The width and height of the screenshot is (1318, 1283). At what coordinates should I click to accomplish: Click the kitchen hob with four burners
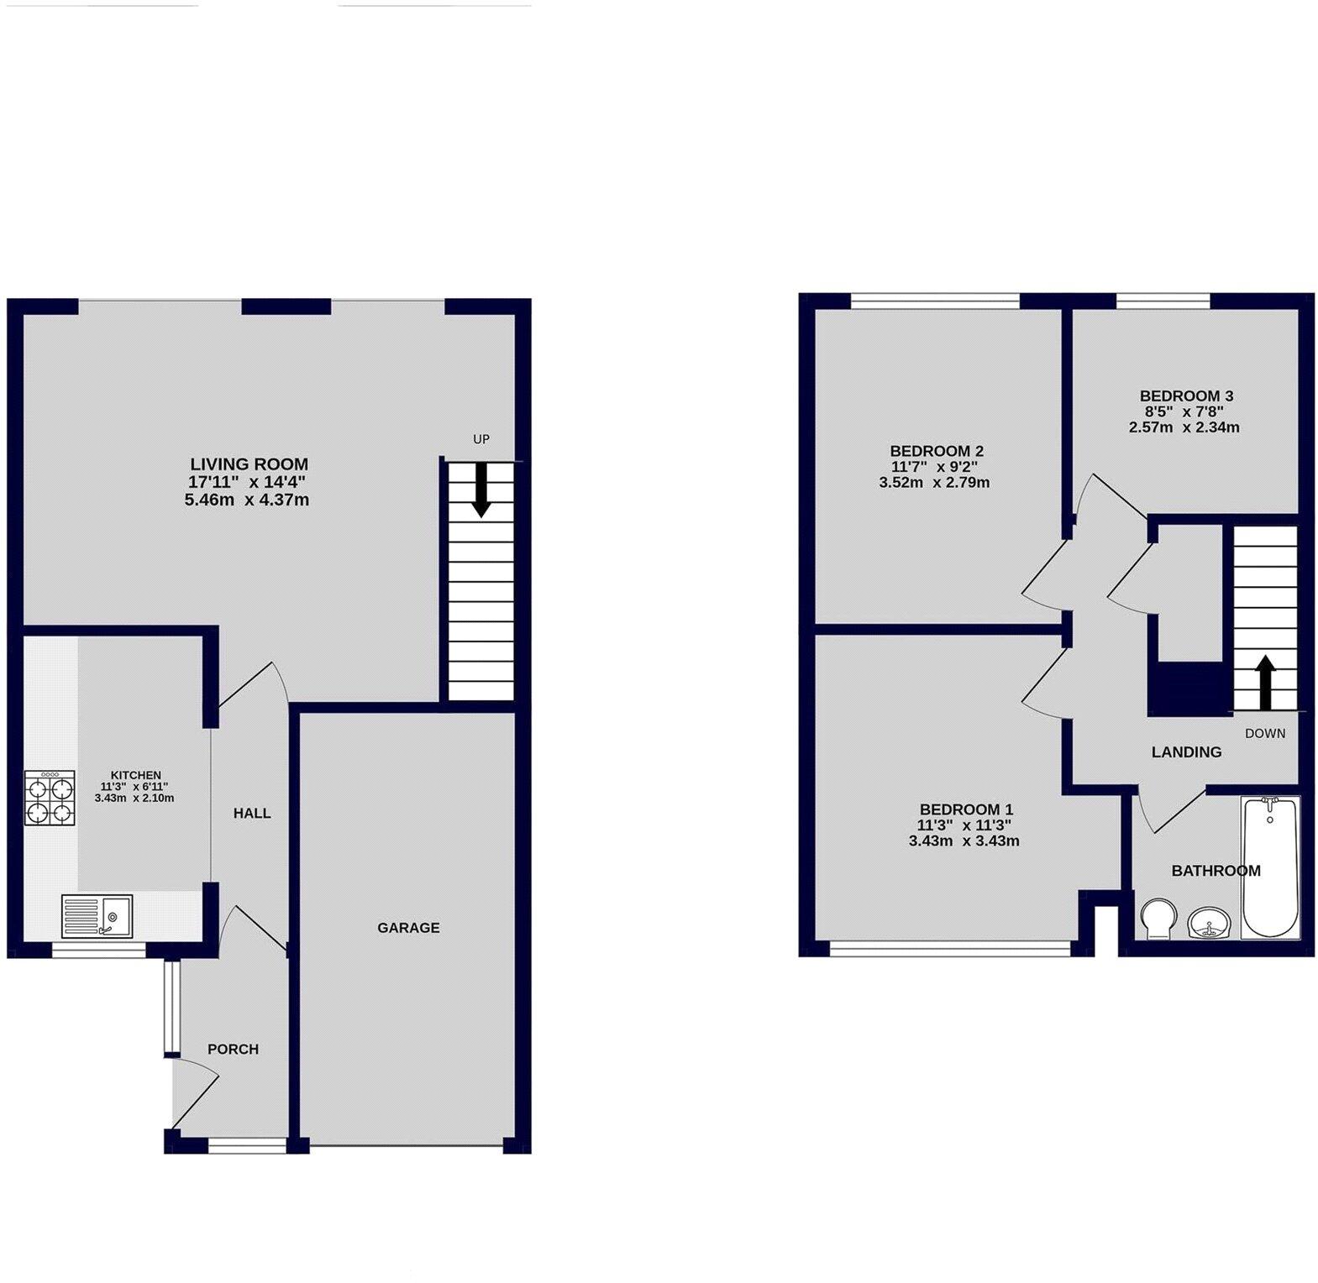[50, 797]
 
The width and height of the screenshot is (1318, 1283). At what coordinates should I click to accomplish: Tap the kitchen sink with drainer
[97, 915]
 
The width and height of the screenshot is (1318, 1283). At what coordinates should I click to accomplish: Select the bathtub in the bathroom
[1269, 867]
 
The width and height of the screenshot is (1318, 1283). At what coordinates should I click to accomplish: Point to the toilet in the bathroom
[1160, 919]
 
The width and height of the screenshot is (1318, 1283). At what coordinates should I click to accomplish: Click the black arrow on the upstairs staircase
[1265, 682]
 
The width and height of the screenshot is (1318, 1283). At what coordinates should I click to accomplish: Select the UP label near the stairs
[481, 439]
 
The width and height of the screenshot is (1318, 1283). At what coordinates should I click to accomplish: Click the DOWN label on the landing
[1265, 733]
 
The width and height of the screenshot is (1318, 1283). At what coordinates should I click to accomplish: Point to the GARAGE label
[408, 928]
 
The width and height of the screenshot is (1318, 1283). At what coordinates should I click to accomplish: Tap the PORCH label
[233, 1049]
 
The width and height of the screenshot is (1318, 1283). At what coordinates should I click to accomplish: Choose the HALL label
[252, 813]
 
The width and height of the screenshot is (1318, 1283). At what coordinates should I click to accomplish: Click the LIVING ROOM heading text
[249, 463]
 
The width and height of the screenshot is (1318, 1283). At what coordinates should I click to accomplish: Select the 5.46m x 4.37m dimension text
[247, 500]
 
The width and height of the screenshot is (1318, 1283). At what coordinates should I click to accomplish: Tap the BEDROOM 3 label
[1186, 395]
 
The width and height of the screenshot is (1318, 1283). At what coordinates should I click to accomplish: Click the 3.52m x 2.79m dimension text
[934, 483]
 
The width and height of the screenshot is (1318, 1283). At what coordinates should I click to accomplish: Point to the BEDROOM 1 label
[966, 809]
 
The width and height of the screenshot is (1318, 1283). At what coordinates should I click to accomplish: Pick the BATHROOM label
[1216, 871]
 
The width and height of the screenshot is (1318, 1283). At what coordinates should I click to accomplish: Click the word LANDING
[1186, 752]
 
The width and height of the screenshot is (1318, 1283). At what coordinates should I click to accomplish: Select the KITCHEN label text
[136, 775]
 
